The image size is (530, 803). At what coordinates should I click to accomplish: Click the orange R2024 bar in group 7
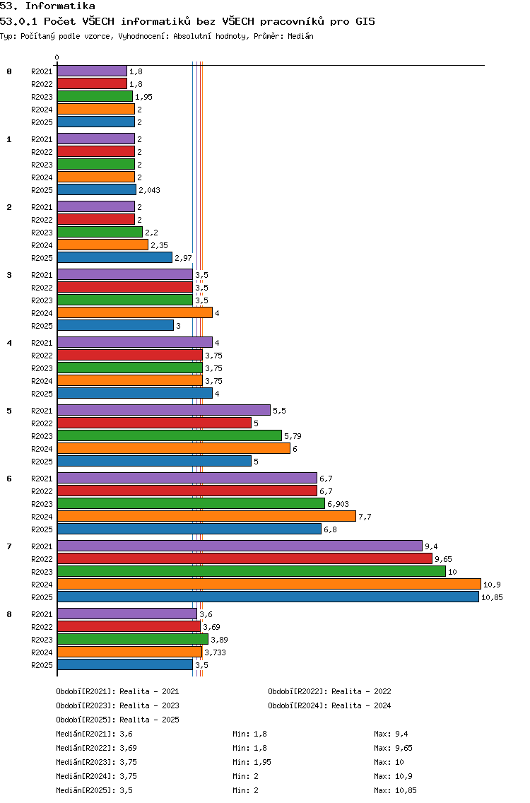(269, 585)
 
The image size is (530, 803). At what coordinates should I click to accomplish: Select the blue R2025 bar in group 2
(114, 257)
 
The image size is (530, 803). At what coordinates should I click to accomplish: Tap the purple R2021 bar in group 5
(164, 410)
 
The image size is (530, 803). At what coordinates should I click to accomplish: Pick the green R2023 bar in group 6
(191, 503)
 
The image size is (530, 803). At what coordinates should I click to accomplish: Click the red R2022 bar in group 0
(92, 83)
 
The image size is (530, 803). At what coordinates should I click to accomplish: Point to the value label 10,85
(492, 597)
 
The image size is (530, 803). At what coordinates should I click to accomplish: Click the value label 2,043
(150, 190)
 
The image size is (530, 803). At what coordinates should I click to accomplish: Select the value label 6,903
(338, 504)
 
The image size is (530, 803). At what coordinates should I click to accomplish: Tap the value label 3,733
(215, 652)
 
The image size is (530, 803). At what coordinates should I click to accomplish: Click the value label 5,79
(293, 436)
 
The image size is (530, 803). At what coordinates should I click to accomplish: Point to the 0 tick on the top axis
(57, 57)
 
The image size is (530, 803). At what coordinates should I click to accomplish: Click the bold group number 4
(9, 343)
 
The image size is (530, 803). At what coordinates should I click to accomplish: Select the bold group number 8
(9, 614)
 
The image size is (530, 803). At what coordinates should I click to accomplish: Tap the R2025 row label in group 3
(42, 326)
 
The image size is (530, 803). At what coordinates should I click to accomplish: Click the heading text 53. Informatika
(47, 6)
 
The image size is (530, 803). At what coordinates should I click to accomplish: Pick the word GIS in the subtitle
(365, 21)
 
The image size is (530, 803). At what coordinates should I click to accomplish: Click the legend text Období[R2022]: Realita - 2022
(329, 691)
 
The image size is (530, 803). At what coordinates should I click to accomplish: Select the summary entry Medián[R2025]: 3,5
(94, 790)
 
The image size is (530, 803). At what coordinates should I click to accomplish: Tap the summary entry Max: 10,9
(394, 776)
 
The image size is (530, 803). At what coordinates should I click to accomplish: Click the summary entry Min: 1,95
(252, 762)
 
